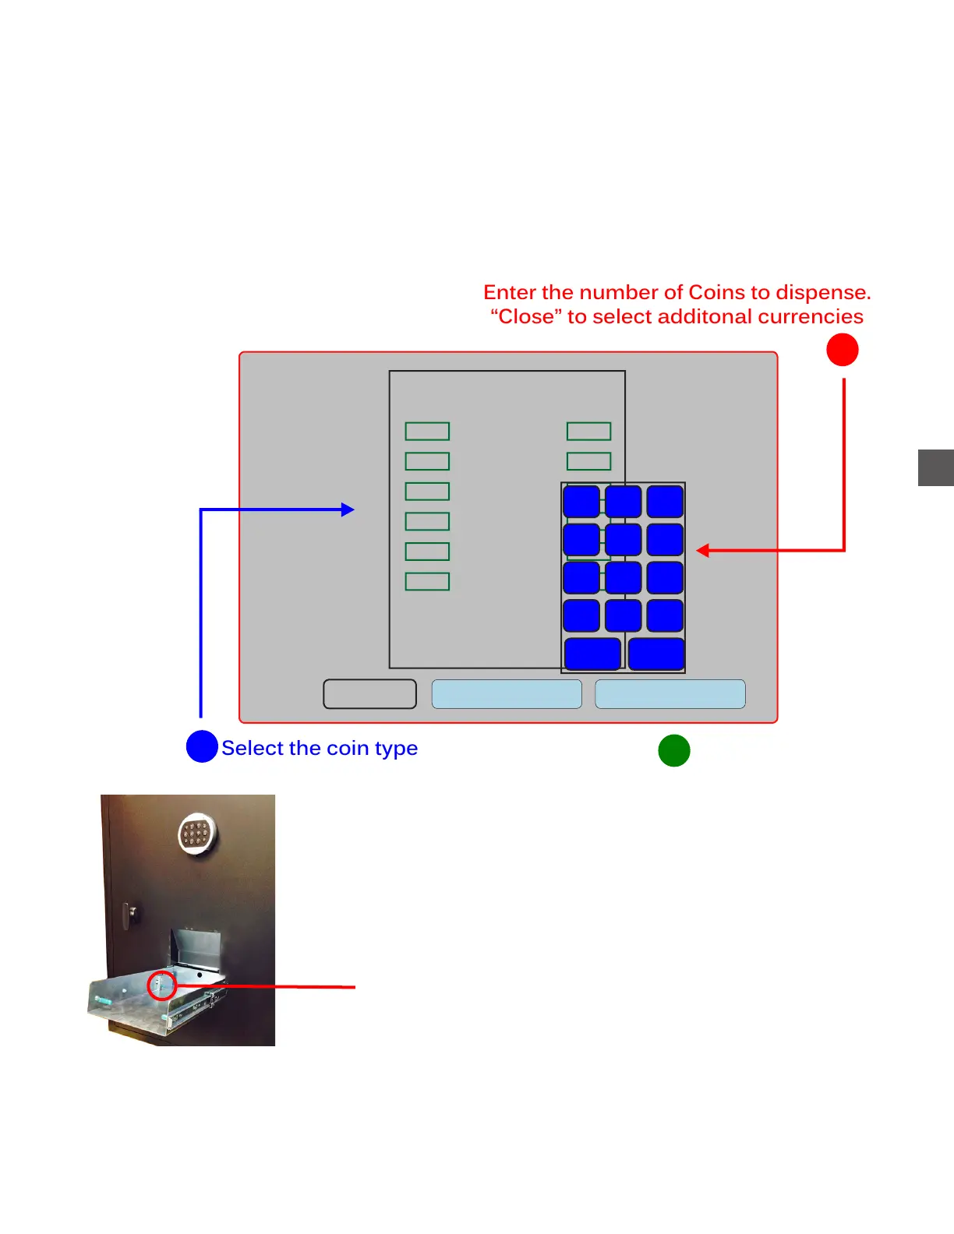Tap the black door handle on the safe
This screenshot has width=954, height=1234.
[131, 913]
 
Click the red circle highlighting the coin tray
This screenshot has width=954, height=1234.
[162, 985]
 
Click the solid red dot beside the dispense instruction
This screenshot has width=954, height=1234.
[842, 350]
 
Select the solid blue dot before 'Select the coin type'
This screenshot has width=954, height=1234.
[202, 746]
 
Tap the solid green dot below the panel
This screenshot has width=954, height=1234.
[674, 750]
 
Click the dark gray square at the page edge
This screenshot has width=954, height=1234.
[936, 467]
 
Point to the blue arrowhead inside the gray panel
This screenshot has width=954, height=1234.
[348, 509]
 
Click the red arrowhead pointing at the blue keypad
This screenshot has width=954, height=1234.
[702, 551]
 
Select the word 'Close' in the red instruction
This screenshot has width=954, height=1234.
[526, 316]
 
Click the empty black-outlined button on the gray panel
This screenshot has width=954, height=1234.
[369, 693]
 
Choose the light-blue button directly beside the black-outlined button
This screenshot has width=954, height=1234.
[507, 693]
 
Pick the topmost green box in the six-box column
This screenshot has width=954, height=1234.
[427, 431]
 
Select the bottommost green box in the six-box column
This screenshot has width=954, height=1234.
[427, 581]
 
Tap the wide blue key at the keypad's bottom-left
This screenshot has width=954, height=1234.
[592, 654]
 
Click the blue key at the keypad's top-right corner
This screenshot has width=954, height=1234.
[665, 502]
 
